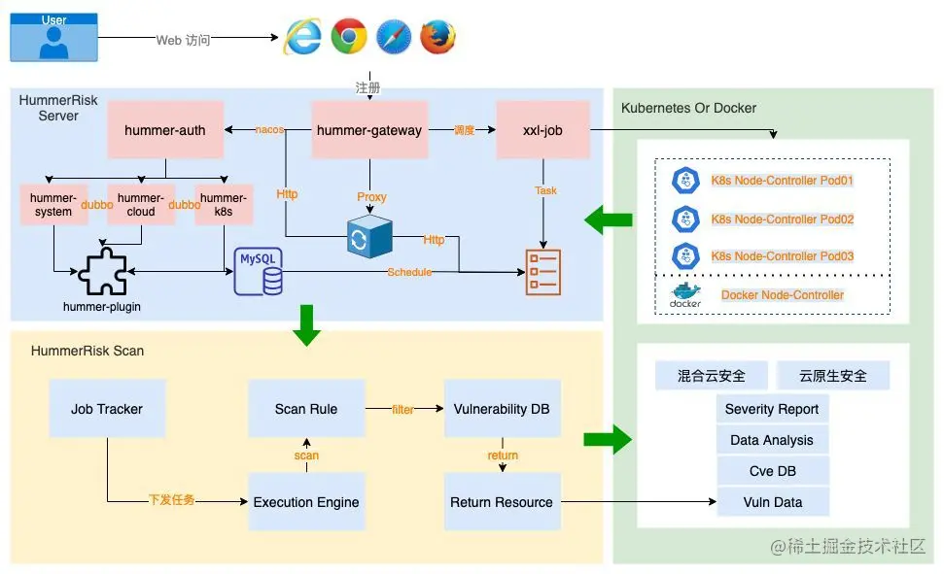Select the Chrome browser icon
(x=348, y=37)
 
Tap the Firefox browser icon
(x=437, y=37)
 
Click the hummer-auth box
(x=165, y=129)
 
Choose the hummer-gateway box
(x=369, y=129)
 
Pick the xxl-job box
(x=543, y=129)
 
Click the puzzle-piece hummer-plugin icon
(x=103, y=272)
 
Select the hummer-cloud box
(x=141, y=205)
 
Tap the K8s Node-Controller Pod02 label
(x=784, y=219)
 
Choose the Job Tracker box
(x=107, y=409)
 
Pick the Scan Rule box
(x=306, y=409)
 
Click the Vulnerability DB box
(x=502, y=409)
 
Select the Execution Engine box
(x=306, y=502)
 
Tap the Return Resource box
(x=502, y=502)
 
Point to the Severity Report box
(x=772, y=409)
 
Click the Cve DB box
(x=772, y=471)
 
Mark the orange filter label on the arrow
(x=402, y=410)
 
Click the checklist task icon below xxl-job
(x=543, y=272)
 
